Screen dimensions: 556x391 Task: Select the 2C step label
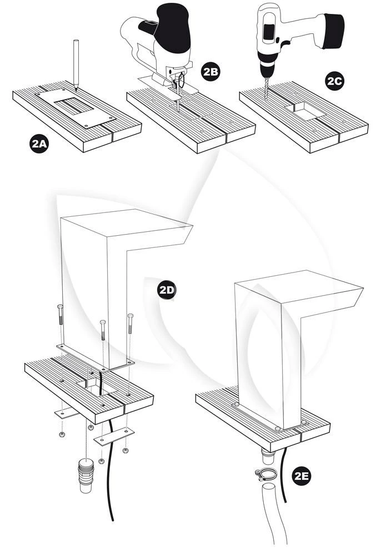(x=335, y=81)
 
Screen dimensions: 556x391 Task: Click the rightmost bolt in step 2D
(x=131, y=331)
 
